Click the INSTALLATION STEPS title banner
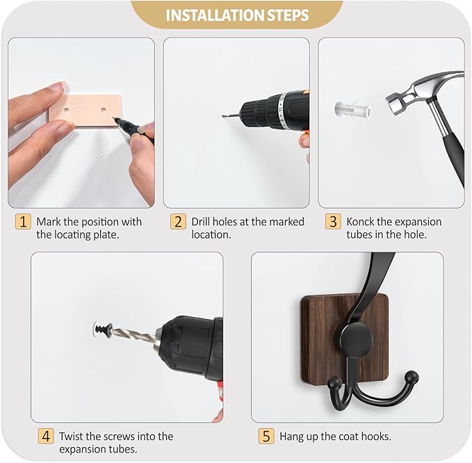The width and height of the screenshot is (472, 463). pos(237,15)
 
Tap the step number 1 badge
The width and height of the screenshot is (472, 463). pos(24,222)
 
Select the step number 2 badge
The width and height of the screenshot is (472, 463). pos(179,222)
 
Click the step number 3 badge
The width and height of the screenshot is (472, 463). pos(334,222)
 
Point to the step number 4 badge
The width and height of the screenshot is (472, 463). pos(46,437)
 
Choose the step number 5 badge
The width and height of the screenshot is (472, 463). pos(266,437)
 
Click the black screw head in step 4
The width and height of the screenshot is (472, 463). pos(103,326)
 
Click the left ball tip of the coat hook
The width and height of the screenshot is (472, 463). pos(334,381)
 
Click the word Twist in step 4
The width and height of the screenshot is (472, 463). pos(71,437)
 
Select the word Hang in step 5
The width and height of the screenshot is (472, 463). pos(292,437)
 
